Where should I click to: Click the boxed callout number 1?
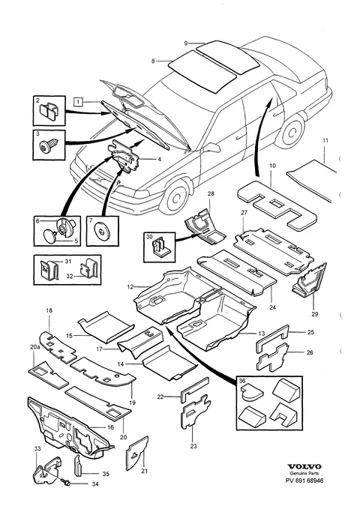click(x=78, y=102)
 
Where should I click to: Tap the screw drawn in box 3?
click(x=49, y=145)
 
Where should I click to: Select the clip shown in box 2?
click(x=49, y=110)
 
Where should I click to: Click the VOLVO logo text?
click(x=304, y=466)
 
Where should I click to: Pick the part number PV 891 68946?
click(x=304, y=481)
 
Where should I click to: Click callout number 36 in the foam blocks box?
click(x=242, y=381)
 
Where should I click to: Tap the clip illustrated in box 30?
click(x=160, y=247)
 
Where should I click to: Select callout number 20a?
click(x=34, y=347)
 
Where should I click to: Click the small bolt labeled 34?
click(x=66, y=482)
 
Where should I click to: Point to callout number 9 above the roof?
click(x=186, y=43)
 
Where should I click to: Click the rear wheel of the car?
click(x=292, y=130)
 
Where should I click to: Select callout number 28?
click(x=211, y=194)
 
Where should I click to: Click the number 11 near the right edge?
click(x=325, y=141)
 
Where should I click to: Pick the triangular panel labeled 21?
click(x=137, y=453)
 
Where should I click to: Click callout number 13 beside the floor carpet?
click(x=262, y=334)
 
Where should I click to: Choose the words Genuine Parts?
click(x=304, y=474)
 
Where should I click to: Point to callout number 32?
click(x=70, y=277)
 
